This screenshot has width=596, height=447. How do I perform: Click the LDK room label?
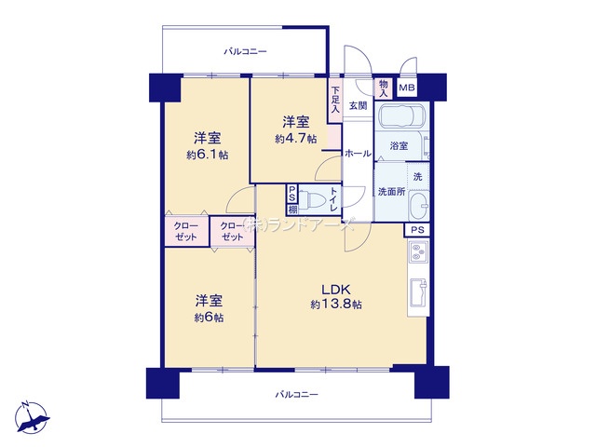click(x=336, y=290)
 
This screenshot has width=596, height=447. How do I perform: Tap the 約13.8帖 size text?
click(x=336, y=305)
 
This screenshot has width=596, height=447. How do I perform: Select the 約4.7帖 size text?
click(x=296, y=139)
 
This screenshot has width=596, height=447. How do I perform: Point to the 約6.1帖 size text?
click(x=208, y=155)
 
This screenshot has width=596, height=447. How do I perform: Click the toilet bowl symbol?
click(x=310, y=198)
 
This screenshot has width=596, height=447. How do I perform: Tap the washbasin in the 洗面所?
click(x=419, y=206)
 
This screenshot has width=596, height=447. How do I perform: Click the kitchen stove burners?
click(x=418, y=251)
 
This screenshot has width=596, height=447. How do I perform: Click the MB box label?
click(x=407, y=88)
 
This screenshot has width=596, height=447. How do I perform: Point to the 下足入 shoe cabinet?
click(x=335, y=100)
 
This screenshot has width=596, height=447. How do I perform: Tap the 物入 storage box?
click(x=384, y=88)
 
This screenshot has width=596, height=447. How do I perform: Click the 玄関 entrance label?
click(x=358, y=105)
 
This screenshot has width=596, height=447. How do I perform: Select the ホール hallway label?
click(x=358, y=154)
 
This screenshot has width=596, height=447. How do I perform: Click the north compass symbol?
click(x=33, y=417)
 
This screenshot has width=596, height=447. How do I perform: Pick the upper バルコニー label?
click(x=245, y=51)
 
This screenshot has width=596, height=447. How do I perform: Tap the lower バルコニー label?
click(x=296, y=395)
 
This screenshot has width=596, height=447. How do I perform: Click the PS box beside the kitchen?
click(x=417, y=230)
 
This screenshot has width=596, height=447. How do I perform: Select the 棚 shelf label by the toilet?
click(x=291, y=209)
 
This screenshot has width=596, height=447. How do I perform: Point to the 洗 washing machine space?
click(x=418, y=176)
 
